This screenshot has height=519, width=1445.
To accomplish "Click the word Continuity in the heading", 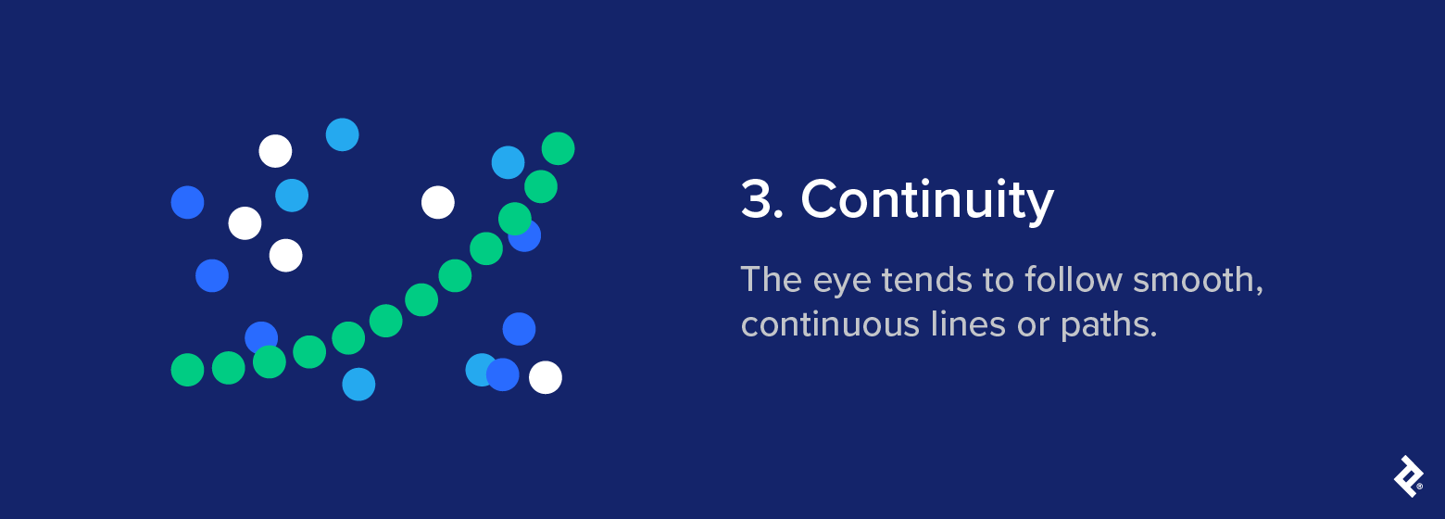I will tap(927, 199).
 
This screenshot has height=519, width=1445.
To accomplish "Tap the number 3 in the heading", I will tap(757, 199).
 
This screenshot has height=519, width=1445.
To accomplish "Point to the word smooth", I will tap(1194, 279).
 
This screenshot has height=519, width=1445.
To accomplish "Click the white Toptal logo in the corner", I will tap(1408, 476).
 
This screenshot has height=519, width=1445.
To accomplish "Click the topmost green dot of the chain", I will tap(558, 148).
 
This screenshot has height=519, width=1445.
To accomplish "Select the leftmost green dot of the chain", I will tap(187, 370).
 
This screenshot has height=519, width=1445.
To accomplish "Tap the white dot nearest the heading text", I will tap(438, 202).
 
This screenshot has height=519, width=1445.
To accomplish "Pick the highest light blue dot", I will tap(342, 135).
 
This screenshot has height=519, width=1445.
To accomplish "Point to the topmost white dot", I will tap(275, 151).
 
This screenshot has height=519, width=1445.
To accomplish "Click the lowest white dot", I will tap(546, 377).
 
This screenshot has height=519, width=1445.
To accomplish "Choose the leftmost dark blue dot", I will tap(187, 202).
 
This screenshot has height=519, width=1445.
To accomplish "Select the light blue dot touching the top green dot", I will tap(507, 162).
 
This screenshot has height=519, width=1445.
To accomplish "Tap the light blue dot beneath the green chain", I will tap(358, 384).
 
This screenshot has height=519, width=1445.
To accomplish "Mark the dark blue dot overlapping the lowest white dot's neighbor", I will tap(503, 374).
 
